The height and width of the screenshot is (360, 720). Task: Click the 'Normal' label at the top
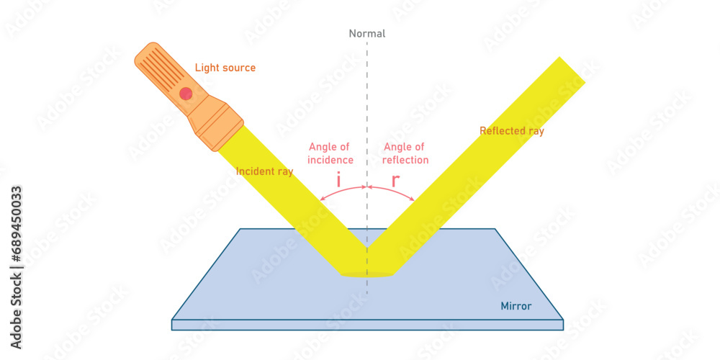(x=367, y=33)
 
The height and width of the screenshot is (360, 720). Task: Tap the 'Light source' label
(x=225, y=68)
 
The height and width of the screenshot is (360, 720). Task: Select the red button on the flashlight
(x=186, y=93)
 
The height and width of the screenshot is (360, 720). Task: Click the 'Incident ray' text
(x=264, y=171)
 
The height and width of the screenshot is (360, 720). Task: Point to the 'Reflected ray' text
(x=512, y=131)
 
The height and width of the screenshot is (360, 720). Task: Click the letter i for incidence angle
(x=338, y=181)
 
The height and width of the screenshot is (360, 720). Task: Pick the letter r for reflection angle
(x=395, y=181)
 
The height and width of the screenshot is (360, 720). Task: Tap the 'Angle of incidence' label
(x=330, y=153)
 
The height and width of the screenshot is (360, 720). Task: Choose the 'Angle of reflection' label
(x=405, y=153)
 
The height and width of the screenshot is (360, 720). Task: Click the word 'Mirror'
(x=516, y=306)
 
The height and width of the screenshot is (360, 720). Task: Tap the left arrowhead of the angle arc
(x=322, y=199)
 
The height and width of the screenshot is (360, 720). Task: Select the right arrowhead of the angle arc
(x=413, y=199)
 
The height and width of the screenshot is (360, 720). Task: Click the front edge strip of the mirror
(x=367, y=325)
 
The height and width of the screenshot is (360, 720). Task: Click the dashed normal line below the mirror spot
(x=367, y=286)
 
